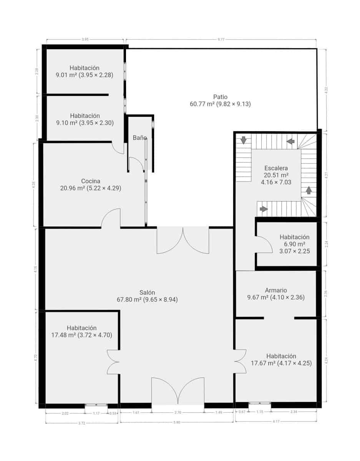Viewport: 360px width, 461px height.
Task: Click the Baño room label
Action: point(140,138)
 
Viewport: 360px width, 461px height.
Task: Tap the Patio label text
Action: point(220,97)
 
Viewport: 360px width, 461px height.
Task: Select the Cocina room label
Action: point(91,181)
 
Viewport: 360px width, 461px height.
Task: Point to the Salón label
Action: point(147,293)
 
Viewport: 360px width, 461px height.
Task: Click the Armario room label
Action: point(276,290)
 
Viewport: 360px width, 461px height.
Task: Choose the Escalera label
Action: point(276,168)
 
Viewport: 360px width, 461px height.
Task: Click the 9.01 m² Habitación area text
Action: point(85,75)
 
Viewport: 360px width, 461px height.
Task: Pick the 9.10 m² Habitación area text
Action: point(85,123)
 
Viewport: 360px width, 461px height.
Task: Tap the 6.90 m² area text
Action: point(294,244)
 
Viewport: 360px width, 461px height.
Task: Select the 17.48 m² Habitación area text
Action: point(81,335)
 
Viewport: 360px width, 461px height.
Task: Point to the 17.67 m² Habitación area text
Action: point(281,363)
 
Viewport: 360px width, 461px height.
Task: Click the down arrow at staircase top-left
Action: point(243,140)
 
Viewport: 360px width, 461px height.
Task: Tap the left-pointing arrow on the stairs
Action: point(291,141)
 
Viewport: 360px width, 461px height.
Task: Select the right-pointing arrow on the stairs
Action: point(264,209)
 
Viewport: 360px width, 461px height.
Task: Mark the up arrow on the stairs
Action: point(309,190)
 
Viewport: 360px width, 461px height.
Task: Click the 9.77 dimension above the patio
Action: point(221,39)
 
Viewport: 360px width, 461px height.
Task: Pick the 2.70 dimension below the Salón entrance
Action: point(178,413)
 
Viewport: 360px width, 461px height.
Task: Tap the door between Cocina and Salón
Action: point(111,218)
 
